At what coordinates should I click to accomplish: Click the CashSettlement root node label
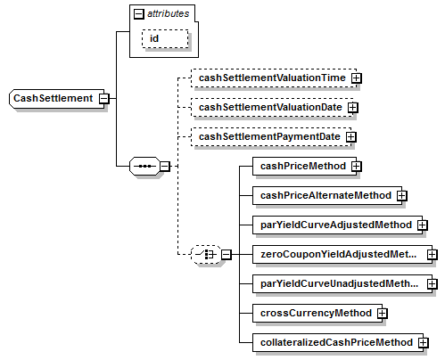click(x=54, y=98)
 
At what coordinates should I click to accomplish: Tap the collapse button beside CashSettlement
click(x=104, y=98)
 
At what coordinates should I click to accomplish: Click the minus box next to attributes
click(x=139, y=14)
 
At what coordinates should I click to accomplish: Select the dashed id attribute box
click(x=165, y=38)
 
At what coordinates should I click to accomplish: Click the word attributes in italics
click(x=169, y=13)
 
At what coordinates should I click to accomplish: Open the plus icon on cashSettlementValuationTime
click(x=356, y=78)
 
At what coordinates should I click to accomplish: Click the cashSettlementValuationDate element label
click(x=270, y=107)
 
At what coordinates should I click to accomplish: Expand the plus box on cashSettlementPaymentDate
click(x=351, y=137)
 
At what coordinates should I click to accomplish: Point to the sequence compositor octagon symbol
click(x=144, y=166)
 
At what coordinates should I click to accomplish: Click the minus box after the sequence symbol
click(x=165, y=166)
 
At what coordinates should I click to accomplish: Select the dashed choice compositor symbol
click(x=206, y=255)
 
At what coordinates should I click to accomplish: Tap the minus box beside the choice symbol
click(x=227, y=255)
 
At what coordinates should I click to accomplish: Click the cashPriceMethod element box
click(x=304, y=166)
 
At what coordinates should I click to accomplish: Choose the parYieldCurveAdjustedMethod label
click(x=336, y=225)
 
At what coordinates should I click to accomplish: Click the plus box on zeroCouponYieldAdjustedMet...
click(x=433, y=255)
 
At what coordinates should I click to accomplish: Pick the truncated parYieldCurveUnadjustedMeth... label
click(x=339, y=283)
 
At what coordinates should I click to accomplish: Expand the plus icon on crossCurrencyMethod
click(x=383, y=314)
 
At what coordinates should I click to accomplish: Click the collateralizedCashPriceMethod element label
click(x=336, y=342)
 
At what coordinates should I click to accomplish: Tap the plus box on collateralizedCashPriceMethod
click(x=423, y=343)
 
